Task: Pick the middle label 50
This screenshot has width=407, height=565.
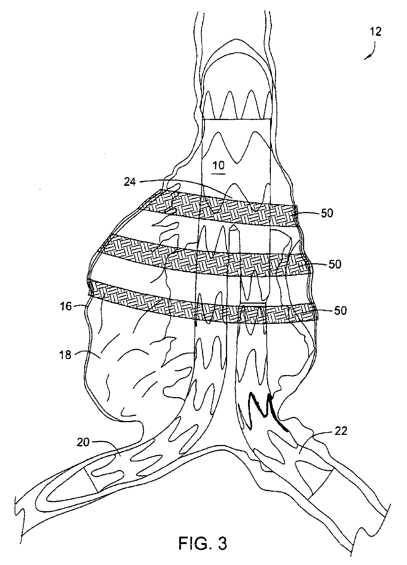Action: tap(335, 264)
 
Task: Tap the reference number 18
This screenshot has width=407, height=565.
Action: tap(66, 354)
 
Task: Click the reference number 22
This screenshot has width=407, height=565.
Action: tap(339, 432)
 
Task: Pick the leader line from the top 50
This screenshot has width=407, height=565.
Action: tap(309, 213)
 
